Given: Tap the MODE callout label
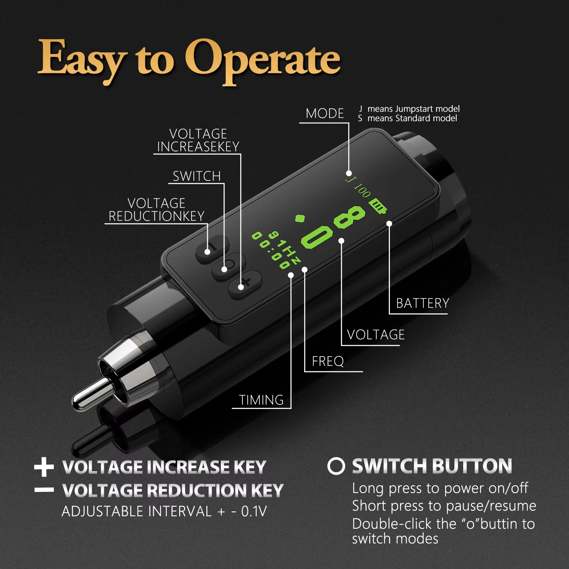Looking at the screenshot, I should (325, 113).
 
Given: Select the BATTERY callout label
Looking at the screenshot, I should (423, 303).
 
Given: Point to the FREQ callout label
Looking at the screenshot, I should (328, 362).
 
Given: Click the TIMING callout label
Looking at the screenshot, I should (261, 400).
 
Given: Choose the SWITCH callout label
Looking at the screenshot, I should (196, 176).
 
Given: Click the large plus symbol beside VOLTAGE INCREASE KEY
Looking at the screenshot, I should (44, 467).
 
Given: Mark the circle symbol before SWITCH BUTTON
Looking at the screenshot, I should (336, 466).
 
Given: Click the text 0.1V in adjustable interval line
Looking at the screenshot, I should (254, 511).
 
